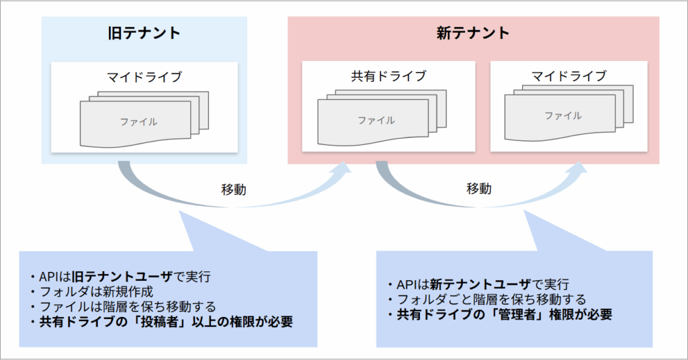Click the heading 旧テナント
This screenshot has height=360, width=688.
click(x=144, y=33)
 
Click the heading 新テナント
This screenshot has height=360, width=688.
click(x=473, y=33)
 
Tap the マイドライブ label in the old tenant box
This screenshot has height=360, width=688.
click(x=144, y=77)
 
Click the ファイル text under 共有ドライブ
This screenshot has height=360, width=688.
click(x=376, y=121)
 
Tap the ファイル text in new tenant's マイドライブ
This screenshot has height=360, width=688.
click(x=563, y=116)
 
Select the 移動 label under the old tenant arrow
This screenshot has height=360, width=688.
click(x=233, y=189)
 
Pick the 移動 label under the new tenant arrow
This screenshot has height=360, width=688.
click(x=478, y=189)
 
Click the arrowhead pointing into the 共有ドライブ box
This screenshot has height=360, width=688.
click(x=343, y=170)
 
